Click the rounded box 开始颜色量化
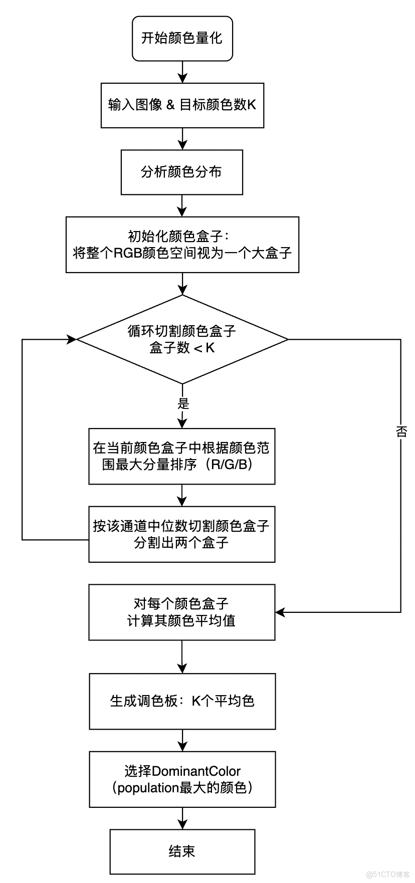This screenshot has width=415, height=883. click(x=182, y=39)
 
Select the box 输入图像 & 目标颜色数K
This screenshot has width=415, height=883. click(x=182, y=105)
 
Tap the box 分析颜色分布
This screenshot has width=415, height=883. click(x=182, y=172)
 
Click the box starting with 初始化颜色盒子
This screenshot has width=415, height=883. click(x=182, y=245)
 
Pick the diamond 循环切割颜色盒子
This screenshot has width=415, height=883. click(x=182, y=339)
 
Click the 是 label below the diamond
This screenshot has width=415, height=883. click(x=183, y=403)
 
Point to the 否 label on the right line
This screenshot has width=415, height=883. click(x=401, y=431)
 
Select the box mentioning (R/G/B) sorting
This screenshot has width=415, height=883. click(x=182, y=456)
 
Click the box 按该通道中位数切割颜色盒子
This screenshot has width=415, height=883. click(x=182, y=534)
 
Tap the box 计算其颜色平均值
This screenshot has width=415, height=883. click(x=182, y=612)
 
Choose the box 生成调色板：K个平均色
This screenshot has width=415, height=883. click(x=182, y=701)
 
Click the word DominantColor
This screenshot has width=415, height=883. click(x=196, y=771)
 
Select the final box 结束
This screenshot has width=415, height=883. click(x=182, y=851)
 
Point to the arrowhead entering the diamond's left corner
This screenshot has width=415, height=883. click(x=72, y=339)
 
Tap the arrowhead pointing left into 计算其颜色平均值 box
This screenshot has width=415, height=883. click(x=280, y=612)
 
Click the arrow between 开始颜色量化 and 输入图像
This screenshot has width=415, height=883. click(x=182, y=72)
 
